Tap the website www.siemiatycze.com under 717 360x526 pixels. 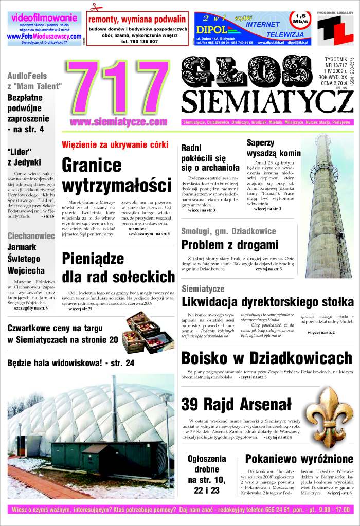tap(119, 122)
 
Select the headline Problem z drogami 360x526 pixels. tap(230, 244)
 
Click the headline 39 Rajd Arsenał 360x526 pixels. tap(236, 405)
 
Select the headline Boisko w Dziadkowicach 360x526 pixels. tap(266, 358)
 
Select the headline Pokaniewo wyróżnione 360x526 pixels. tap(299, 459)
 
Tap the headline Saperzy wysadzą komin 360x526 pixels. tap(273, 148)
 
